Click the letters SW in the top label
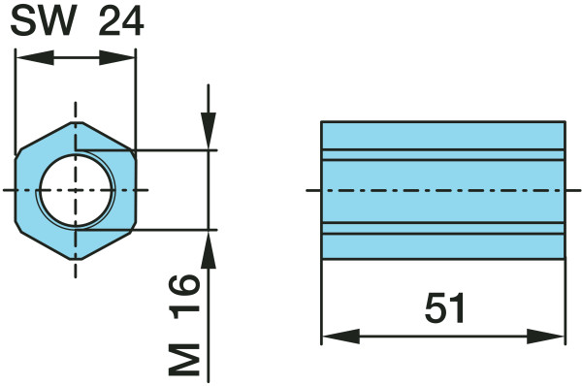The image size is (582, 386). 42,21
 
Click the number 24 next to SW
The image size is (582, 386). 121,21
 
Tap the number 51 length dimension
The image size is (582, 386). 444,307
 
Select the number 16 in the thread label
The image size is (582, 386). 184,297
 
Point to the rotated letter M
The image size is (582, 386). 184,360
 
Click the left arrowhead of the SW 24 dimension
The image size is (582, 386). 35,57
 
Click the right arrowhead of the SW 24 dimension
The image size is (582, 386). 117,57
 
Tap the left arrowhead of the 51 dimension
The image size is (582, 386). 340,337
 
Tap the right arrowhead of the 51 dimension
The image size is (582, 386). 546,337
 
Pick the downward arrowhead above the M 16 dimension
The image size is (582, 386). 209,131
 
